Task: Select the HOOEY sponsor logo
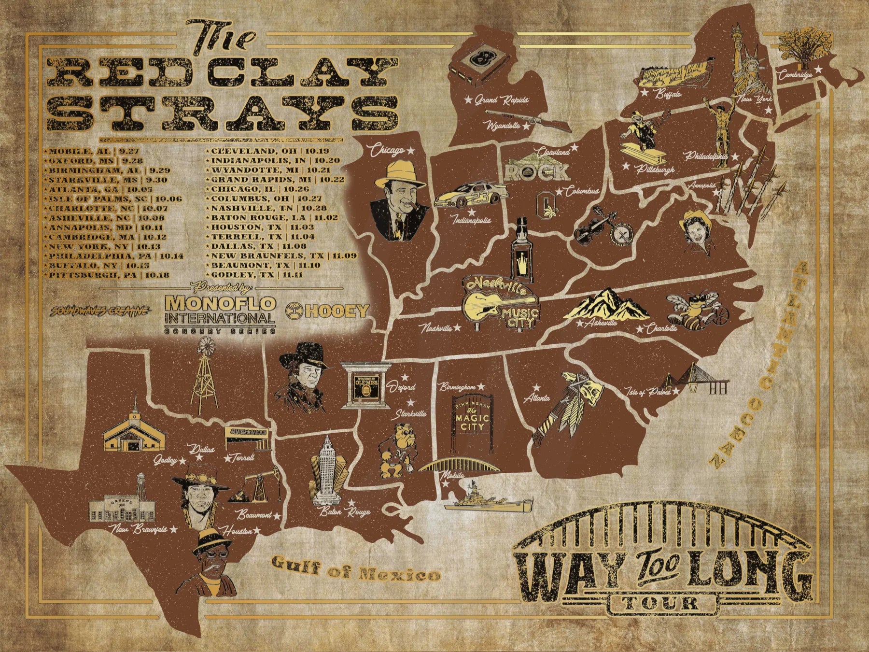pyautogui.click(x=327, y=311)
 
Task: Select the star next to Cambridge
pyautogui.click(x=818, y=70)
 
